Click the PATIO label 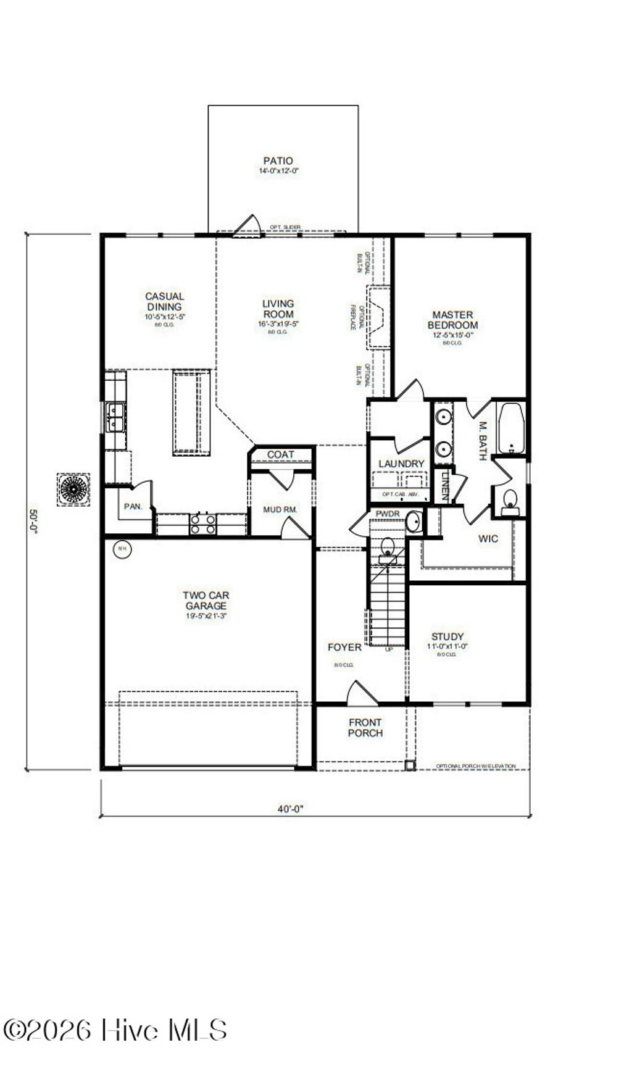[x=278, y=161]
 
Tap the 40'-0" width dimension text [x=290, y=809]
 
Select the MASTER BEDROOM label [x=452, y=320]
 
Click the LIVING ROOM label [x=278, y=309]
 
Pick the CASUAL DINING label [x=165, y=302]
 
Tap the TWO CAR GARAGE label [x=206, y=601]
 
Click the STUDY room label [x=447, y=637]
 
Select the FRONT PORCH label [x=365, y=728]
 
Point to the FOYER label [x=344, y=647]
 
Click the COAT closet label [x=281, y=455]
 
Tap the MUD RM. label [x=280, y=510]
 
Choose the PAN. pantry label [x=133, y=507]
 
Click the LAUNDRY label [x=401, y=464]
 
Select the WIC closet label [x=488, y=539]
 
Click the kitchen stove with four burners [x=203, y=524]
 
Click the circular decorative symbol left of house [x=73, y=490]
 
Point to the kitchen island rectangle [x=192, y=412]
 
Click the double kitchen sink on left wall [x=115, y=417]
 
